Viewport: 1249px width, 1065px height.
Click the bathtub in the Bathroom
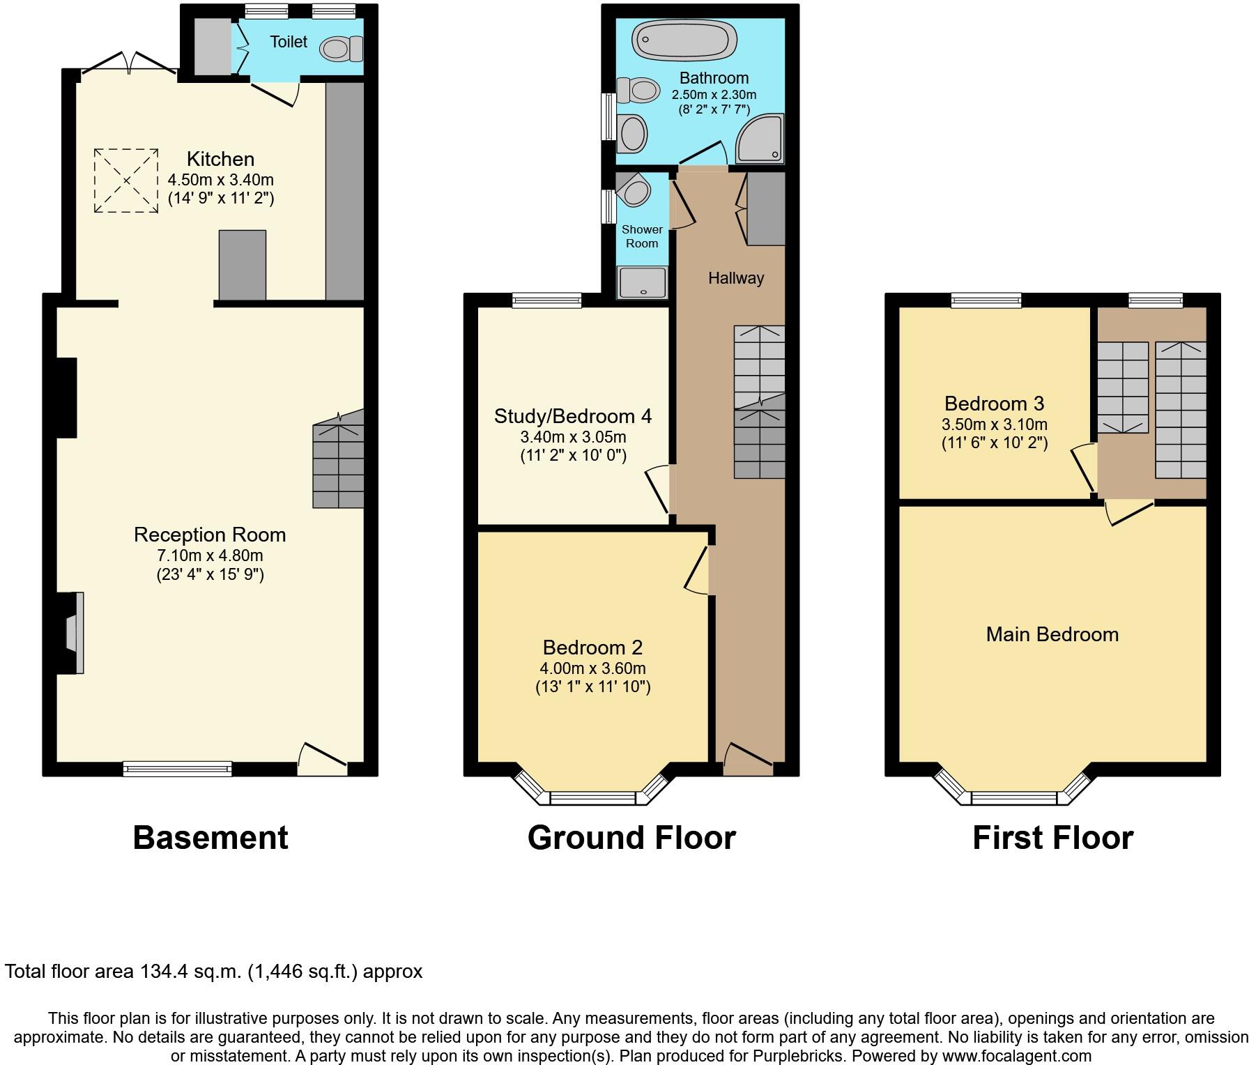684,40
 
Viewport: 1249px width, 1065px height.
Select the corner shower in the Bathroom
760,139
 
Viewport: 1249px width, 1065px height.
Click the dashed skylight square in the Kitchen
126,181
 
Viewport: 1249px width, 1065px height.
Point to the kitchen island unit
242,265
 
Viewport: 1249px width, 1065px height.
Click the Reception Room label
210,535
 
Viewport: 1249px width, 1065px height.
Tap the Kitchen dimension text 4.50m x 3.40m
220,179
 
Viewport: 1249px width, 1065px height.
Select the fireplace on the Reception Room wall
74,632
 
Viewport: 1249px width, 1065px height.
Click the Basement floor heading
210,837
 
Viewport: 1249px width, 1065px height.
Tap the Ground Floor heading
631,837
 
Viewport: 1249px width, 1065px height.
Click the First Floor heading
1052,837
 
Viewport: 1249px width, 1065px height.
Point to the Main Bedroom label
1052,634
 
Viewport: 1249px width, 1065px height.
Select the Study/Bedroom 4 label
573,416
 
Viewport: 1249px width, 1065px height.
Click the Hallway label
736,278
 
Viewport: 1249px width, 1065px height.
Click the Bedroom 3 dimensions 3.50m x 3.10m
994,424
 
